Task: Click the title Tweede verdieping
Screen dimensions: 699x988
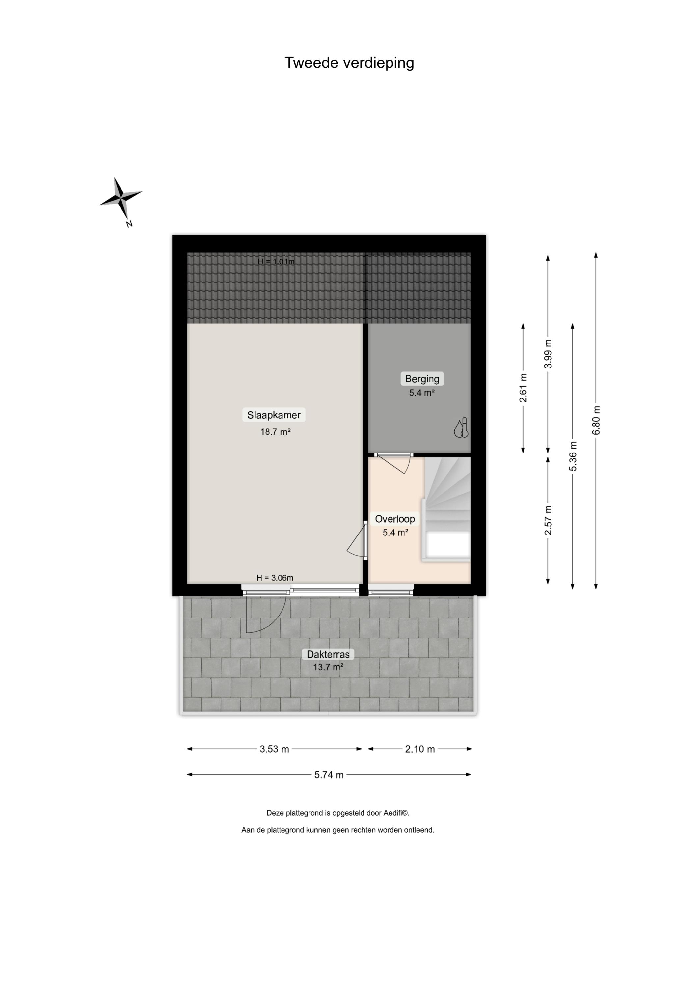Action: click(349, 63)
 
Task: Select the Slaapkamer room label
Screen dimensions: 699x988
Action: click(274, 415)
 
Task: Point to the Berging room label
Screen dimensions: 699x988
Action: click(422, 379)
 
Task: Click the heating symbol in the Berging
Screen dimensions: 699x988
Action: click(461, 428)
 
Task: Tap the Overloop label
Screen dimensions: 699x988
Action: click(395, 519)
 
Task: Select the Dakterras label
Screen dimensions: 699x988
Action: click(328, 654)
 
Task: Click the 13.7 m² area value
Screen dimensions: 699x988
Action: click(328, 667)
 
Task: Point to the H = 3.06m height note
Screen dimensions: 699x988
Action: click(275, 578)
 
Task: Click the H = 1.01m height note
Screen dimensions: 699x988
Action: click(276, 261)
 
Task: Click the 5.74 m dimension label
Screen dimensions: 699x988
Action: click(329, 775)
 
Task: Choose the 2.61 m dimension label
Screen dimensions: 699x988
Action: click(523, 388)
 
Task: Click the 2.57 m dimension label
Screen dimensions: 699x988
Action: click(548, 520)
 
